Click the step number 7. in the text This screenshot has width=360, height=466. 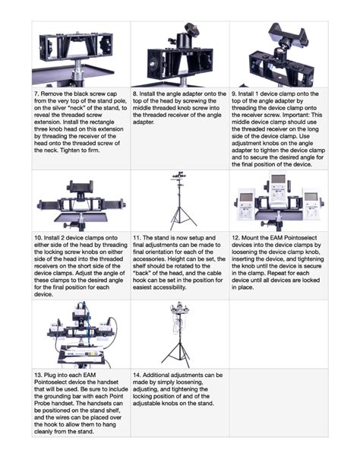pos(38,94)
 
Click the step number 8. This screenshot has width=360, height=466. pos(137,94)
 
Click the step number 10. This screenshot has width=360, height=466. pos(40,237)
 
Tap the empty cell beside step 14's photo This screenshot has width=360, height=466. pos(278,334)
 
